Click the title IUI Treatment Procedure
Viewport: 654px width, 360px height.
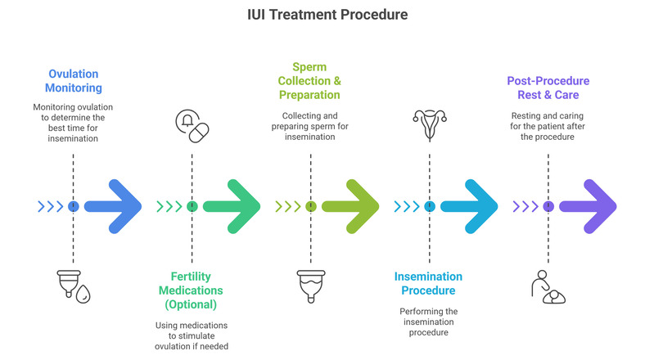tap(327, 15)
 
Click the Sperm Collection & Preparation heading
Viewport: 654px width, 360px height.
tap(310, 80)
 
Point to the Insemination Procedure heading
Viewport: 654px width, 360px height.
tap(428, 284)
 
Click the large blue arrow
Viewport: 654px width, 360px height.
tap(115, 206)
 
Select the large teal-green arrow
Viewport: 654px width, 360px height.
tap(232, 206)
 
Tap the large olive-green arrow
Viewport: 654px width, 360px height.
tap(351, 206)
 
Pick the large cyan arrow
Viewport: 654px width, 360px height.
tap(470, 206)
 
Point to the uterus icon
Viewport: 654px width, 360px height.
tap(429, 125)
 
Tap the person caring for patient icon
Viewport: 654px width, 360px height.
tap(547, 286)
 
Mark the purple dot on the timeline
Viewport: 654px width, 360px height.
tap(548, 206)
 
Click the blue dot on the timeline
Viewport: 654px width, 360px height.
tap(74, 206)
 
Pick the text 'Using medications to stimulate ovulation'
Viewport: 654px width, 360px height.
tap(192, 334)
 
